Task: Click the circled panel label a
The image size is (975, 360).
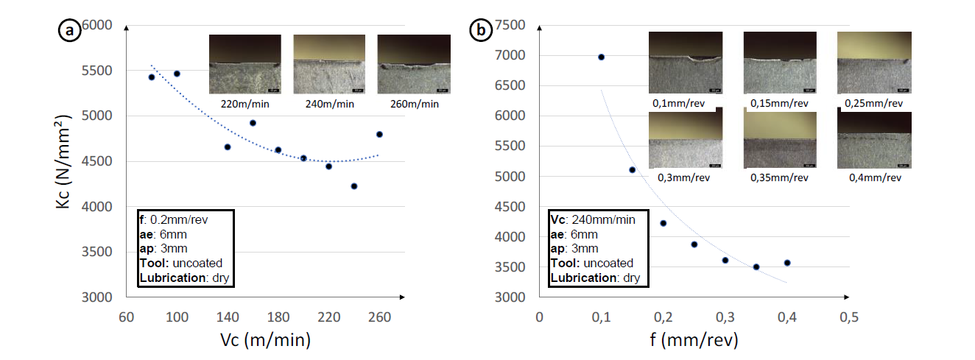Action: pyautogui.click(x=69, y=30)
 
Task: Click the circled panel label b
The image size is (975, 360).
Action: pyautogui.click(x=481, y=30)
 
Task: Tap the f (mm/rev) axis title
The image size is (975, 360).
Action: pyautogui.click(x=694, y=341)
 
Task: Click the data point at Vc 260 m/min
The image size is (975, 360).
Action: pyautogui.click(x=379, y=134)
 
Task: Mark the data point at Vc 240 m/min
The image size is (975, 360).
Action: pyautogui.click(x=354, y=186)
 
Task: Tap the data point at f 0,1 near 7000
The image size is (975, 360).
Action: pyautogui.click(x=601, y=57)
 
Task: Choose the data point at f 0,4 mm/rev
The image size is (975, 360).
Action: pyautogui.click(x=787, y=263)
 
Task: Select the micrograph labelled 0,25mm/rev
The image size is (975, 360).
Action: pyautogui.click(x=874, y=63)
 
